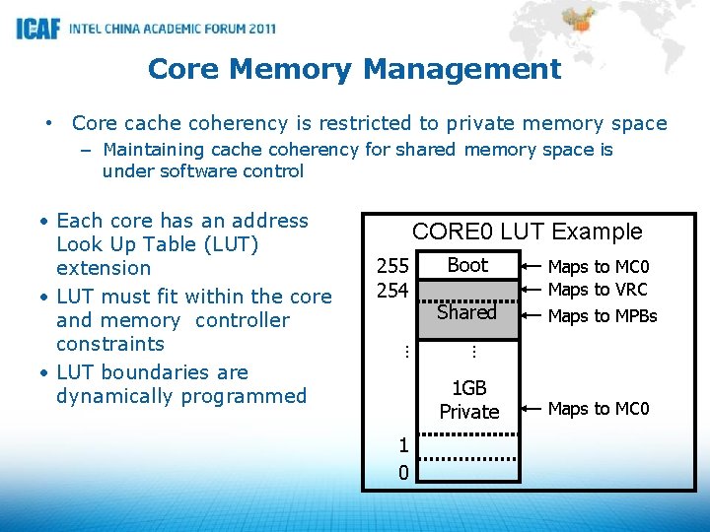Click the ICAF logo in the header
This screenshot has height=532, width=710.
(37, 29)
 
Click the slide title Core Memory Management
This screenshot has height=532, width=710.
(354, 69)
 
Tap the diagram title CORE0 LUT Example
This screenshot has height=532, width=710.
(527, 232)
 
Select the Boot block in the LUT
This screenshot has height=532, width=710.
(467, 265)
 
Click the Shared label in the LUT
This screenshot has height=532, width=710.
(466, 312)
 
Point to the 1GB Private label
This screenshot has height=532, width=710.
(469, 400)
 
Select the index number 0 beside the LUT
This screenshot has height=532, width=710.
(403, 473)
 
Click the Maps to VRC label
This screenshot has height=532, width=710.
(598, 290)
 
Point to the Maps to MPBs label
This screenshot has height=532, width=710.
(602, 316)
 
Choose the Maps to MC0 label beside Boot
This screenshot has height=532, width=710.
(599, 267)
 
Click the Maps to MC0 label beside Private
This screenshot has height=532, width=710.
(599, 408)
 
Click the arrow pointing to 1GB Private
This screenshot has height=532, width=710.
(532, 408)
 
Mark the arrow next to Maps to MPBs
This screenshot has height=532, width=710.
(532, 316)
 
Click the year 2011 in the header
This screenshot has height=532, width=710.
(256, 29)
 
